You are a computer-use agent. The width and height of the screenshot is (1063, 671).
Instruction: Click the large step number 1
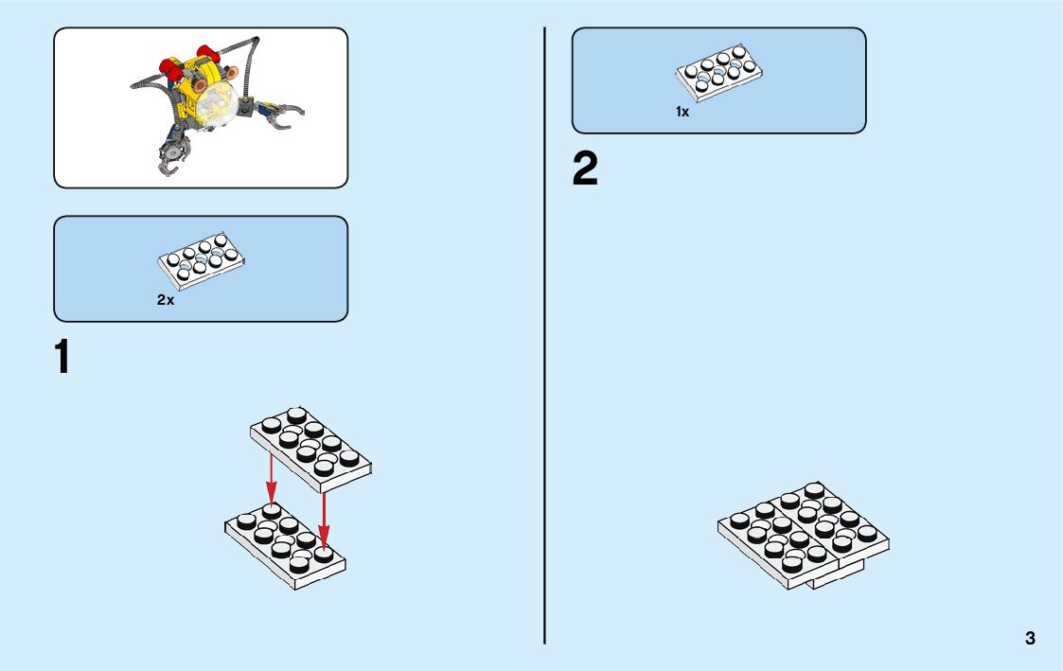[x=62, y=358]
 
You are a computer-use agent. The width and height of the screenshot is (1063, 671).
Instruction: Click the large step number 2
[x=585, y=169]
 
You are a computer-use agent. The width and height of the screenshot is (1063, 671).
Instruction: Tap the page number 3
[x=1030, y=638]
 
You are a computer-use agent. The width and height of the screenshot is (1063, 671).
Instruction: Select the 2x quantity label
[x=166, y=300]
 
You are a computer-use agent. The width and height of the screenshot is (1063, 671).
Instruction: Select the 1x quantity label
[x=682, y=112]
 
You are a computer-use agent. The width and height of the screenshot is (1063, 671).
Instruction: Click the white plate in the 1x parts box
[x=720, y=70]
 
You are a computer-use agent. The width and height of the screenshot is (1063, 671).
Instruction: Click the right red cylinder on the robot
[x=206, y=52]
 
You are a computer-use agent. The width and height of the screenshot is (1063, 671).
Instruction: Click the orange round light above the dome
[x=200, y=84]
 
